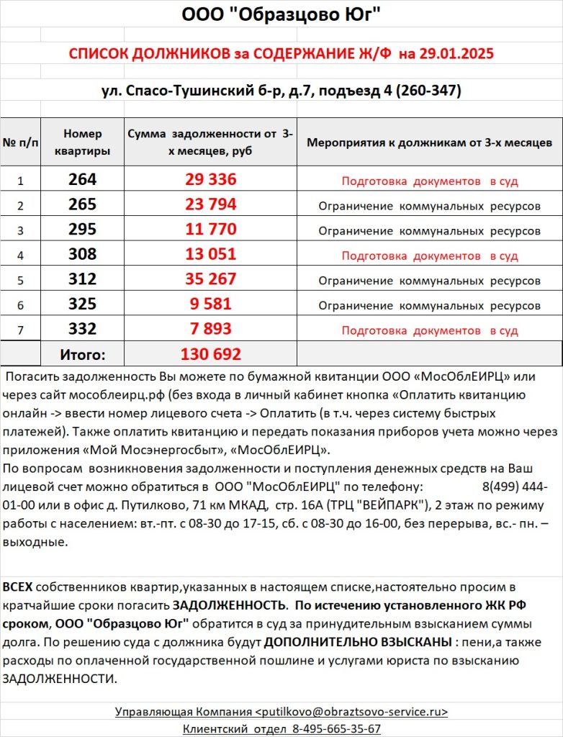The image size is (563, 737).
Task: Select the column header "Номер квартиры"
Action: pyautogui.click(x=83, y=143)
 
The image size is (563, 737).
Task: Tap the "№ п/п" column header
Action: pyautogui.click(x=21, y=143)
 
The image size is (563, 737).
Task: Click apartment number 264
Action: pyautogui.click(x=83, y=180)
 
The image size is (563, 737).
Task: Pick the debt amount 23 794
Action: pyautogui.click(x=210, y=205)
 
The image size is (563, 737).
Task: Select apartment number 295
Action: pyautogui.click(x=83, y=230)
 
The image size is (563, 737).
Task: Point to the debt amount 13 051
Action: pyautogui.click(x=210, y=256)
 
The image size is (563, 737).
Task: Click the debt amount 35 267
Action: pyautogui.click(x=210, y=280)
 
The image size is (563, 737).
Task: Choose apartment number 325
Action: pyautogui.click(x=83, y=305)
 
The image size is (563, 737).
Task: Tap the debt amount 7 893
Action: pyautogui.click(x=210, y=330)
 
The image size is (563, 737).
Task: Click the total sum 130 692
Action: pyautogui.click(x=210, y=354)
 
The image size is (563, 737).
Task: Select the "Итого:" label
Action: pyautogui.click(x=82, y=354)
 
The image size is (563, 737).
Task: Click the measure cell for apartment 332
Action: pyautogui.click(x=429, y=331)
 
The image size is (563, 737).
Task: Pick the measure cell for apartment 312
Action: pyautogui.click(x=429, y=281)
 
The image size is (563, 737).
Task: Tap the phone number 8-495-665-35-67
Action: pyautogui.click(x=336, y=728)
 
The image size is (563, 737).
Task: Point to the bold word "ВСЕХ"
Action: pyautogui.click(x=17, y=587)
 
